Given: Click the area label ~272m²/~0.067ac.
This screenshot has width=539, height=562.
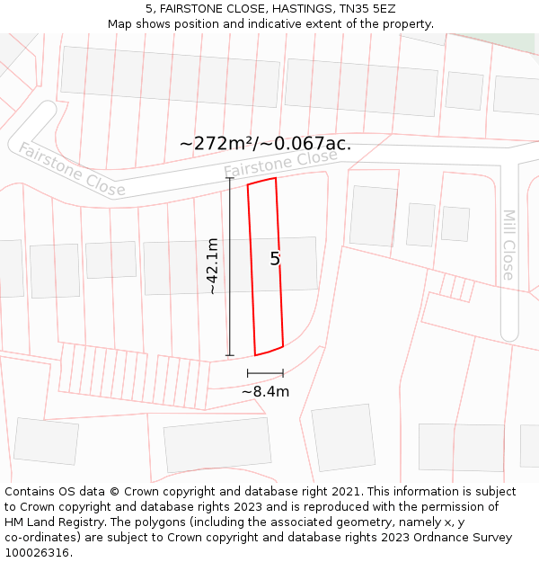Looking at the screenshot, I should (265, 143).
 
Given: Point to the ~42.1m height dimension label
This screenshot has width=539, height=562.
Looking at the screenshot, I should (212, 266).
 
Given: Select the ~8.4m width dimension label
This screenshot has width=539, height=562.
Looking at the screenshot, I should (265, 391).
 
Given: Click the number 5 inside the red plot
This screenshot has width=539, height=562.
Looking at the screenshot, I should (275, 259).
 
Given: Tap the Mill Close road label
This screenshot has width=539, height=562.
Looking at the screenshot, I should (508, 245).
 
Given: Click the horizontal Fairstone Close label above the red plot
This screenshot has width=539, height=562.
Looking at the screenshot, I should (280, 163).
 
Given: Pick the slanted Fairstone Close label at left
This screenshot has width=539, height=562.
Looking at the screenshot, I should (72, 170).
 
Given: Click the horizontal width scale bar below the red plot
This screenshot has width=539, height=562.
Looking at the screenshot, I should (265, 372).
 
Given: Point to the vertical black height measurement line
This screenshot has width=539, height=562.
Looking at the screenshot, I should (230, 266).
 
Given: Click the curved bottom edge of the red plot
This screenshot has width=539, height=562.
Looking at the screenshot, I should (269, 351).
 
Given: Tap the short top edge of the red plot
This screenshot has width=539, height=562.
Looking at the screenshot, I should (261, 183).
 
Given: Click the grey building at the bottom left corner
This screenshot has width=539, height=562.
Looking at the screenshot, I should (46, 441).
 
